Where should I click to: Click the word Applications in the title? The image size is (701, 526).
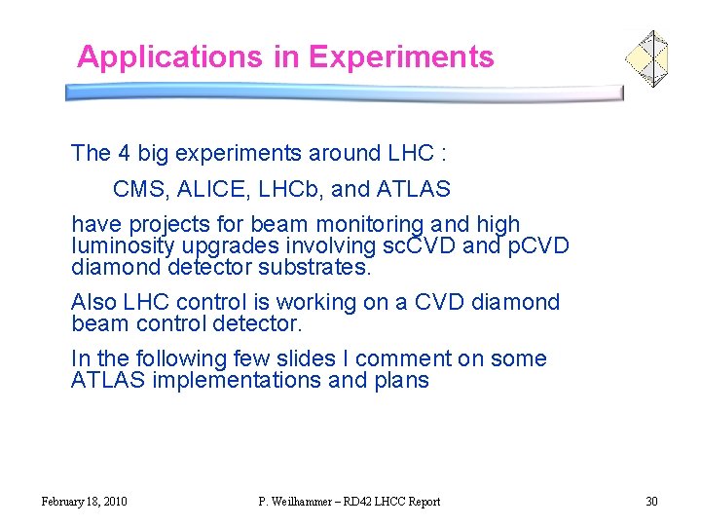(x=170, y=56)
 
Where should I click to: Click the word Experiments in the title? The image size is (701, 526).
(x=401, y=56)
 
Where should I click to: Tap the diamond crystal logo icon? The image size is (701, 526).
(x=646, y=58)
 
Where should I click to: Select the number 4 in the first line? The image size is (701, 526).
(x=124, y=153)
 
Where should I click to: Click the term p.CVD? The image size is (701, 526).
(x=537, y=245)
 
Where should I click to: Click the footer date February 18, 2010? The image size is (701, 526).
(x=84, y=502)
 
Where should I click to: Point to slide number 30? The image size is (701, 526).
(x=651, y=502)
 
